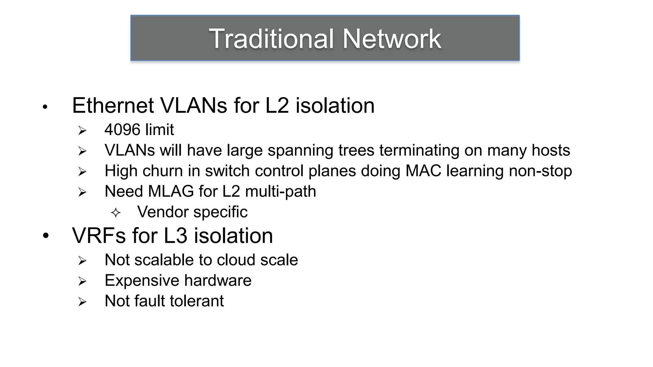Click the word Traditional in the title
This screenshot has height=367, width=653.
[x=271, y=39]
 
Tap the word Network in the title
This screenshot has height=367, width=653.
[x=392, y=39]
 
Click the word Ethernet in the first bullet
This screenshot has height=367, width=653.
[x=113, y=105]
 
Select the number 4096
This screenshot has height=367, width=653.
[x=122, y=130]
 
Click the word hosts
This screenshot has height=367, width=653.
[x=551, y=150]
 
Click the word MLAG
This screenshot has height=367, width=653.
[x=171, y=191]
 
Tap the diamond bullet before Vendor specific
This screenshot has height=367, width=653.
[x=116, y=213]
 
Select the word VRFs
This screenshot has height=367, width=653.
[x=99, y=236]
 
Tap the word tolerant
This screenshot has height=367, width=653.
[x=199, y=301]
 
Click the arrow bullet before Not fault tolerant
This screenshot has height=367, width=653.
[x=82, y=302]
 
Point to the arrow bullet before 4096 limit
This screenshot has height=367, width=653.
[x=82, y=130]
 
